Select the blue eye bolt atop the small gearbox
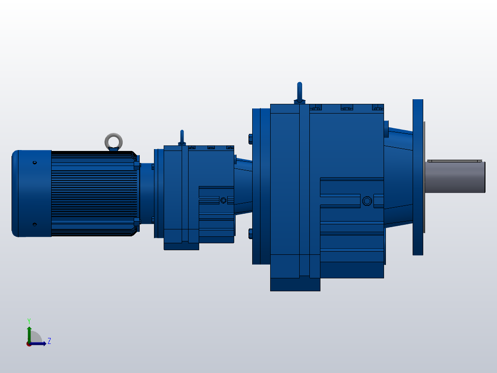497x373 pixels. point(182,136)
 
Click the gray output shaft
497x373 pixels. point(454,178)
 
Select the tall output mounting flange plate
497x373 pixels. point(418,177)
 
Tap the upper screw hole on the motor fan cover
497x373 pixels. point(35,162)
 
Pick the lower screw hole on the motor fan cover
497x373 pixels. point(35,224)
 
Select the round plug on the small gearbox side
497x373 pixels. point(224,200)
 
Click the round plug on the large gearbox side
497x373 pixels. point(367,200)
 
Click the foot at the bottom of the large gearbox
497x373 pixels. point(295,284)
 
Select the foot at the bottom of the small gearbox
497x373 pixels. point(181,246)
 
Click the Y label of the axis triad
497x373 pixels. point(29,320)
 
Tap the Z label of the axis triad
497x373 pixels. point(49,341)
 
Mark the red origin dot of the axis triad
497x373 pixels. point(29,344)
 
